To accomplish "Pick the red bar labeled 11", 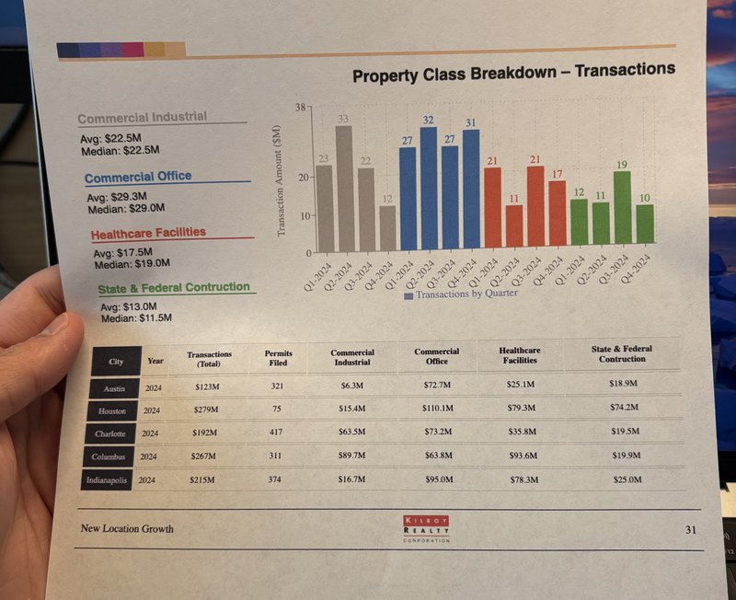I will pos(513,225).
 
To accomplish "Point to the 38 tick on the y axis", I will pos(301,108).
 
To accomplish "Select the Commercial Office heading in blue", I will pos(138,177).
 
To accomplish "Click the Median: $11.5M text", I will pos(138,318).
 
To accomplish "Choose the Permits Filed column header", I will pos(278,359).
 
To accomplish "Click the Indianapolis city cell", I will pos(108,480).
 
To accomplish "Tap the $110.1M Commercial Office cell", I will pos(437,408).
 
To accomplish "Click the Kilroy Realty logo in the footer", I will pos(427,528).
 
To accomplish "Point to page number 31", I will pos(691,530).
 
